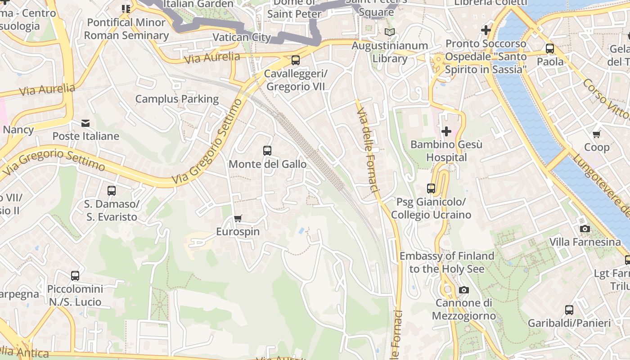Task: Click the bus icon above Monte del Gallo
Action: (x=267, y=151)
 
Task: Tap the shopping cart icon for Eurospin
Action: (x=238, y=219)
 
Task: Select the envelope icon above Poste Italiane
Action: (x=85, y=123)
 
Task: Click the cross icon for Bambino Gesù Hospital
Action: (x=446, y=131)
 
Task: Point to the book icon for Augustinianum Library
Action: (x=390, y=32)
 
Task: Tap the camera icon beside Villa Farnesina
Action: (x=585, y=229)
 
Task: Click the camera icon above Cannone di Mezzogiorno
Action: (x=464, y=290)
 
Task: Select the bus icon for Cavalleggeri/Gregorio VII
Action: (x=296, y=60)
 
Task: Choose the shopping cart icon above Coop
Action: (x=597, y=134)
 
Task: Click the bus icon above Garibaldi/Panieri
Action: (x=569, y=310)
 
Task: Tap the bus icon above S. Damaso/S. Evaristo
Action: (x=112, y=190)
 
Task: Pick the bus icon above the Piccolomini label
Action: (x=75, y=275)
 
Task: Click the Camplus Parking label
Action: (x=177, y=99)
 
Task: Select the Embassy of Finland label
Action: (x=447, y=262)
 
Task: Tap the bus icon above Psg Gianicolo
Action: (x=431, y=189)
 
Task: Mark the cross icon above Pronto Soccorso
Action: (x=486, y=30)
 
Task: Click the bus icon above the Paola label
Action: (x=550, y=49)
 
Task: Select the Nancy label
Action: (x=18, y=130)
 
